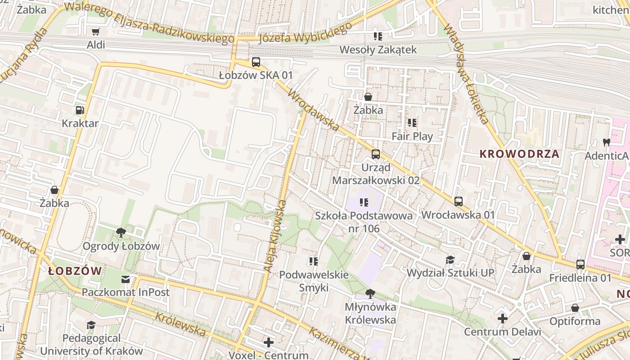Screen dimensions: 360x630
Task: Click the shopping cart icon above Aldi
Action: pos(95,31)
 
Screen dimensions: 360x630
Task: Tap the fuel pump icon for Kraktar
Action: pos(80,110)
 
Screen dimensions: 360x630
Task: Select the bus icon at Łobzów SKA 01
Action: pos(256,62)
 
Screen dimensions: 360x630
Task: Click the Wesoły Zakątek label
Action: pos(378,49)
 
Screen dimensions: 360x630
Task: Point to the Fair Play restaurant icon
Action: pos(412,123)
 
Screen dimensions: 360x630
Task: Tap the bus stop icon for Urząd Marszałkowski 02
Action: pos(375,154)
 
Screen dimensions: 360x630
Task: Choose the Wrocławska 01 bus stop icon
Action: pos(458,202)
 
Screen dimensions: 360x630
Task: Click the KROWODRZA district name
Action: pos(520,154)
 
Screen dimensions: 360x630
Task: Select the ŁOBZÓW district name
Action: pos(75,271)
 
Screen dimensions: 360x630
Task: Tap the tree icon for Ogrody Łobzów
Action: pos(121,233)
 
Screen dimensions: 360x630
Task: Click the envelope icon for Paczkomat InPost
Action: pos(126,279)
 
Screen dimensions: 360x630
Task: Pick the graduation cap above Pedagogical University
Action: pos(91,325)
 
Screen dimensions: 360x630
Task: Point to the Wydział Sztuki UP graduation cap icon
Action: pos(450,260)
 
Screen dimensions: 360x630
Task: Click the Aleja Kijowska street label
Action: pos(275,236)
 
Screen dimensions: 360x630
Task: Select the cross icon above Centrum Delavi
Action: pos(502,319)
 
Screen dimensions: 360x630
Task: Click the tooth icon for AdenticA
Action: pos(606,143)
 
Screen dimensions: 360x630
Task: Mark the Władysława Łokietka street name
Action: pos(466,74)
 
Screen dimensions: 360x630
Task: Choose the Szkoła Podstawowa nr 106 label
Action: pos(364,222)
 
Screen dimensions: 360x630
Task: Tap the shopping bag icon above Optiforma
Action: pos(575,308)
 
